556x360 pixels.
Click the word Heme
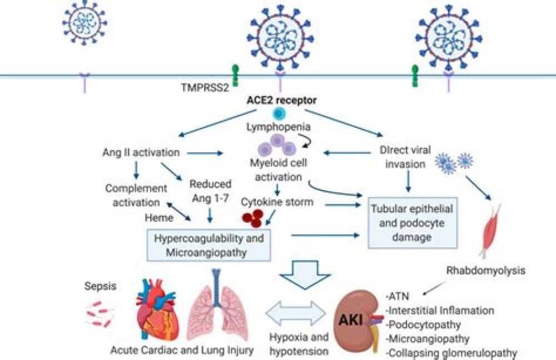click(159, 218)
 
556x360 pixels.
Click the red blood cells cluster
click(252, 218)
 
